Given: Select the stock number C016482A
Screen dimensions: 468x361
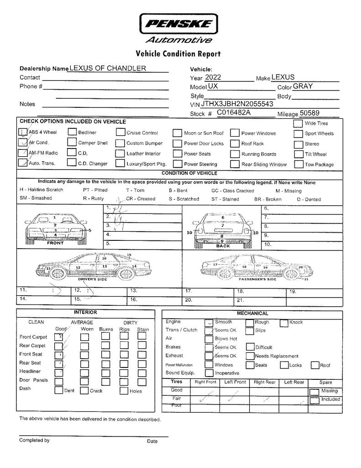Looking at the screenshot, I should pyautogui.click(x=234, y=112).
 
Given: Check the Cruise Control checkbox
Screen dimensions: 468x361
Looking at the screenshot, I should pyautogui.click(x=120, y=133).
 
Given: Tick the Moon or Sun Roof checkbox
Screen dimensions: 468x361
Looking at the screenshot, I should pyautogui.click(x=177, y=133).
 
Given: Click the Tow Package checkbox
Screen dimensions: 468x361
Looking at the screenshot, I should pyautogui.click(x=298, y=164).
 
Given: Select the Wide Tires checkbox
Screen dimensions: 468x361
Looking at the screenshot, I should pyautogui.click(x=298, y=123).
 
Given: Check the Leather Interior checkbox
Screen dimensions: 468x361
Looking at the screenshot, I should pyautogui.click(x=120, y=154).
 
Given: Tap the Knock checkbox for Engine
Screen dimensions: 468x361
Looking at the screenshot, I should pyautogui.click(x=285, y=322).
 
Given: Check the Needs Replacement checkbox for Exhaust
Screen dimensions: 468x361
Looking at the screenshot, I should pyautogui.click(x=250, y=356).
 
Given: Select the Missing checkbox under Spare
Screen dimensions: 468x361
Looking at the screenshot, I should pyautogui.click(x=314, y=391).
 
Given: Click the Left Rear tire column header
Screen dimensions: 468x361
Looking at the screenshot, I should pyautogui.click(x=294, y=382).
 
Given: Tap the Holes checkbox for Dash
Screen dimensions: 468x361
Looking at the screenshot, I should pyautogui.click(x=124, y=391).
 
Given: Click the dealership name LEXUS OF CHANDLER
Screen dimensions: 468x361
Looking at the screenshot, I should pyautogui.click(x=108, y=68).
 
